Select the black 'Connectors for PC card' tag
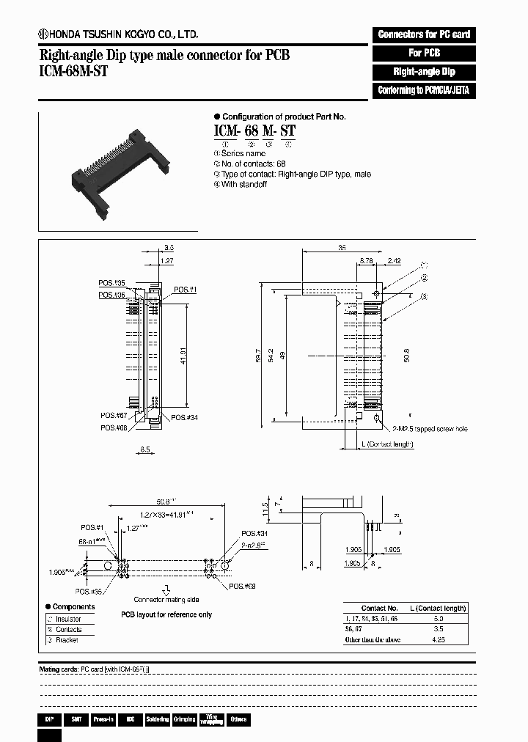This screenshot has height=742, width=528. [424, 34]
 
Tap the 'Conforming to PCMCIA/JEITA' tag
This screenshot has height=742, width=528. [424, 91]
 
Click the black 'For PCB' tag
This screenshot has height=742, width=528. [424, 54]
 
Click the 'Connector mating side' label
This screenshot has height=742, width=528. [167, 598]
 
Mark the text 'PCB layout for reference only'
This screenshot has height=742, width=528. [166, 614]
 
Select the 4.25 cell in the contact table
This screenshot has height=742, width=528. [437, 640]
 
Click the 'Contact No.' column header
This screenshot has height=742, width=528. [379, 608]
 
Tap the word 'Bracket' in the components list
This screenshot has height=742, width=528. [67, 640]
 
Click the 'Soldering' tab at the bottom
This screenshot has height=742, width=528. [157, 720]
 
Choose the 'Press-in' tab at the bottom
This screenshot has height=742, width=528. [103, 720]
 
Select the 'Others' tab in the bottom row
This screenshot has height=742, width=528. [238, 720]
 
